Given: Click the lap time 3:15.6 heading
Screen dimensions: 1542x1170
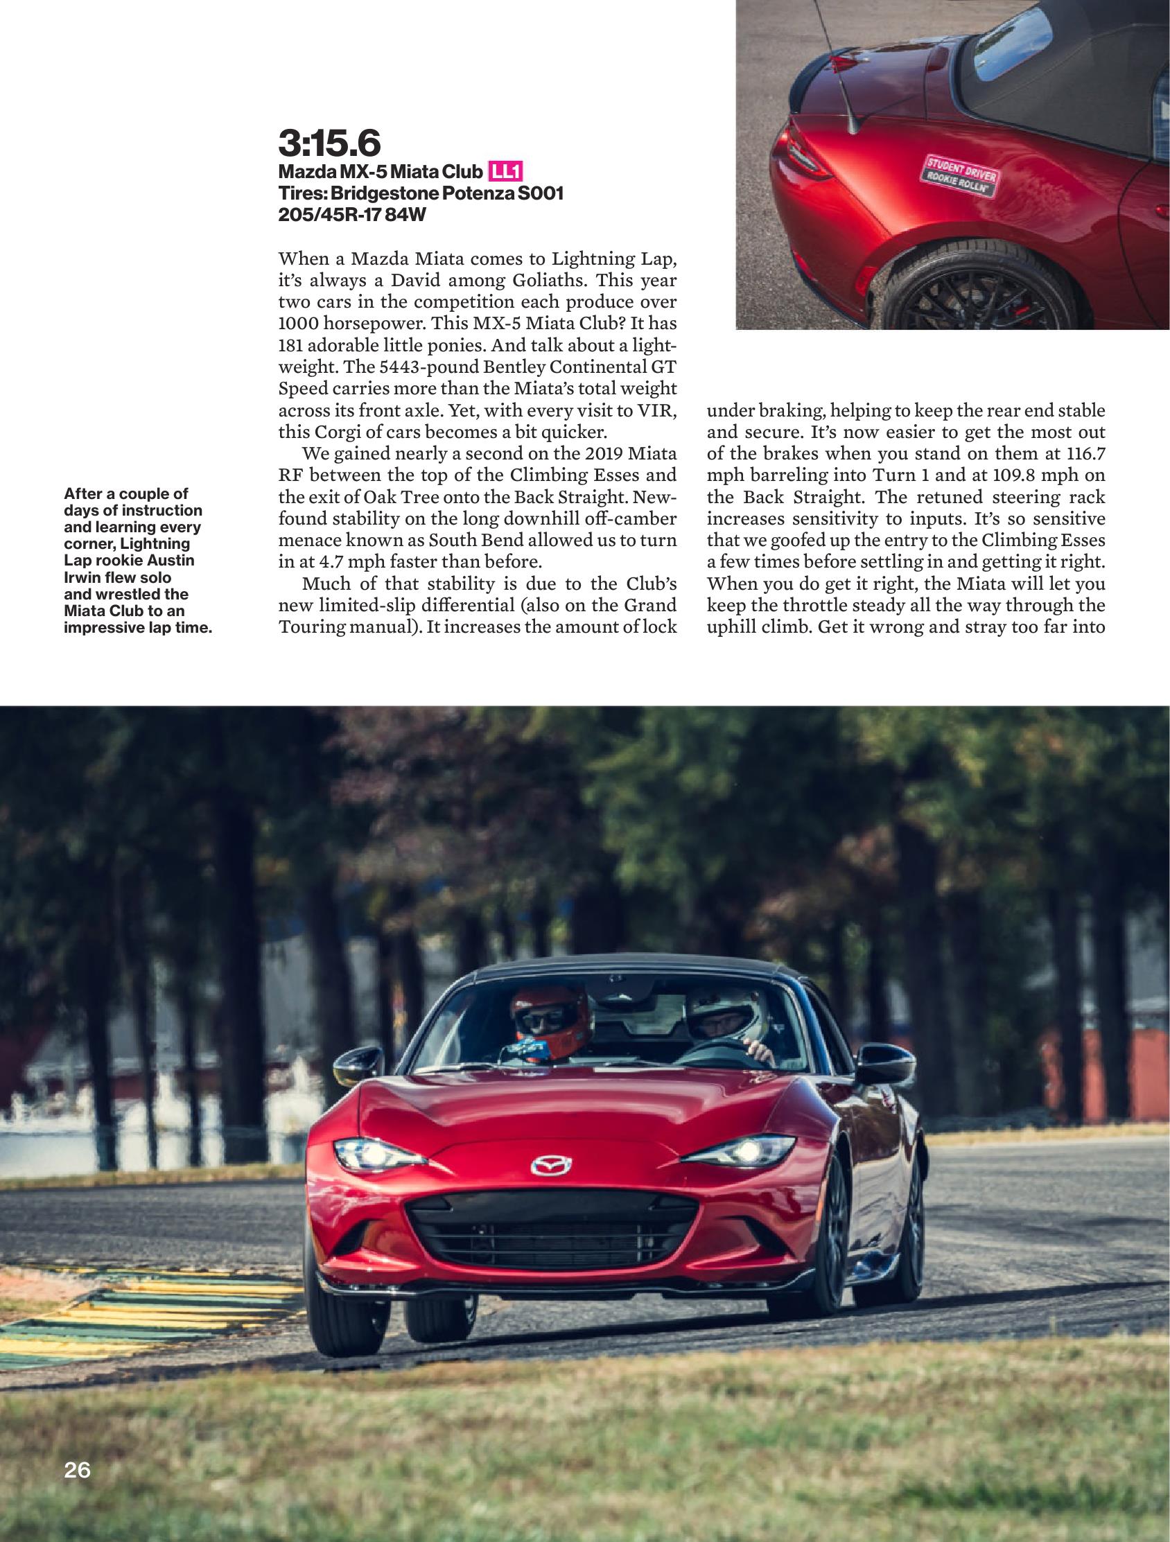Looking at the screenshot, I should (x=329, y=143).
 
